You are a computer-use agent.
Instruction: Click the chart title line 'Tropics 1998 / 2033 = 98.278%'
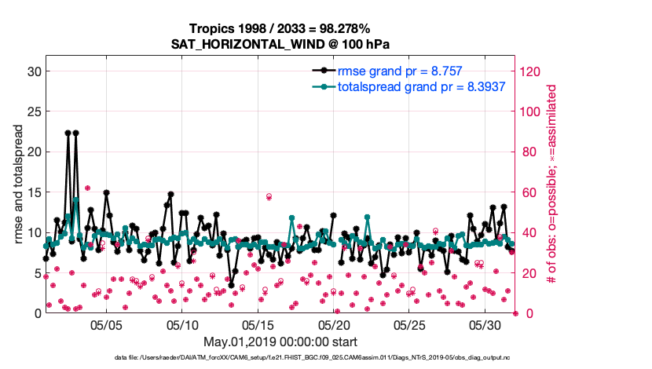pyautogui.click(x=280, y=28)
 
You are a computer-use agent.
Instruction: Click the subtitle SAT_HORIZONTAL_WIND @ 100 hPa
pyautogui.click(x=280, y=44)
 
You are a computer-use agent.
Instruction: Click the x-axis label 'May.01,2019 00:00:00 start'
pyautogui.click(x=280, y=342)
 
